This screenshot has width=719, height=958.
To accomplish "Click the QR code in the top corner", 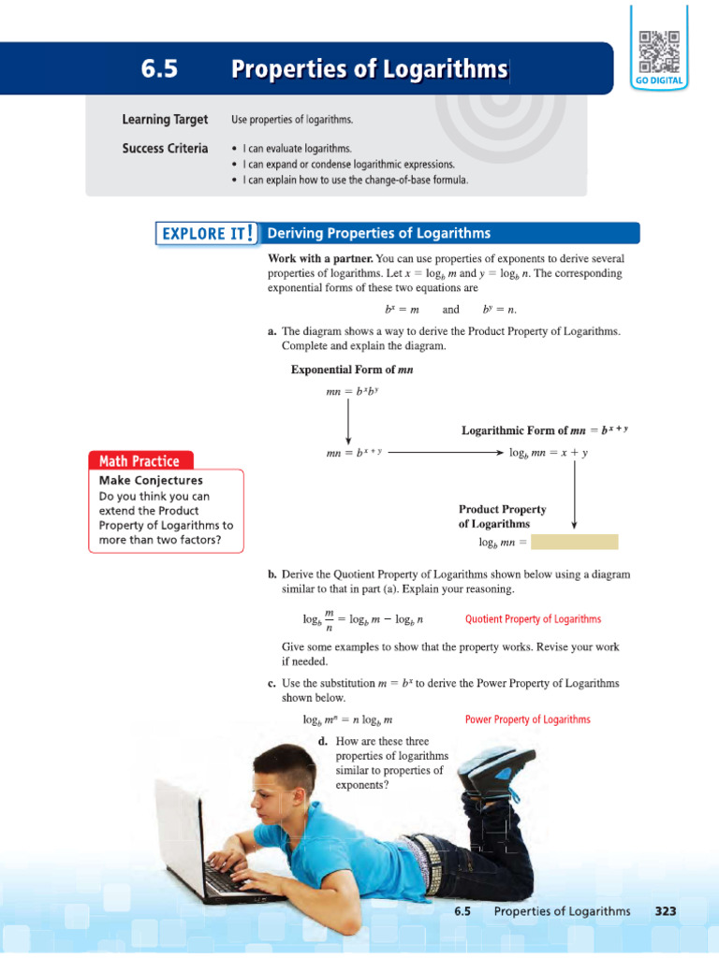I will coord(661,51).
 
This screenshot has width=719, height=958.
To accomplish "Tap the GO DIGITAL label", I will coord(661,81).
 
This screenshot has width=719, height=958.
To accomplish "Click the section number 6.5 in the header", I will coord(159,68).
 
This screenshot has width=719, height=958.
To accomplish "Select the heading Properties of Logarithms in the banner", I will coord(370,68).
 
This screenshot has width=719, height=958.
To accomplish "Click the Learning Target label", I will coord(165,120).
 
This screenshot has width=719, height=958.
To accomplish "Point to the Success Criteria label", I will coord(165,149).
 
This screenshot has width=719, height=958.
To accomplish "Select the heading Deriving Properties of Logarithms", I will coord(379,233).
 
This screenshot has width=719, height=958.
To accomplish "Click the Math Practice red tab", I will coord(139,460).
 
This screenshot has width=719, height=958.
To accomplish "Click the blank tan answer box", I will coord(575,542).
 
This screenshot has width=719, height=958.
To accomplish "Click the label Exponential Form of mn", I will coord(352,370).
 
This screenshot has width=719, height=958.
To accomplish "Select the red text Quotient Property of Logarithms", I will coord(533,619).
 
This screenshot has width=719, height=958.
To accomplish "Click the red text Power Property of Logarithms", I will coord(528,719).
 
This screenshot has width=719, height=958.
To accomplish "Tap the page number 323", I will coord(665,910).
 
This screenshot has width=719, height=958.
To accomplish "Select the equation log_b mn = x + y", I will coord(550,453).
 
